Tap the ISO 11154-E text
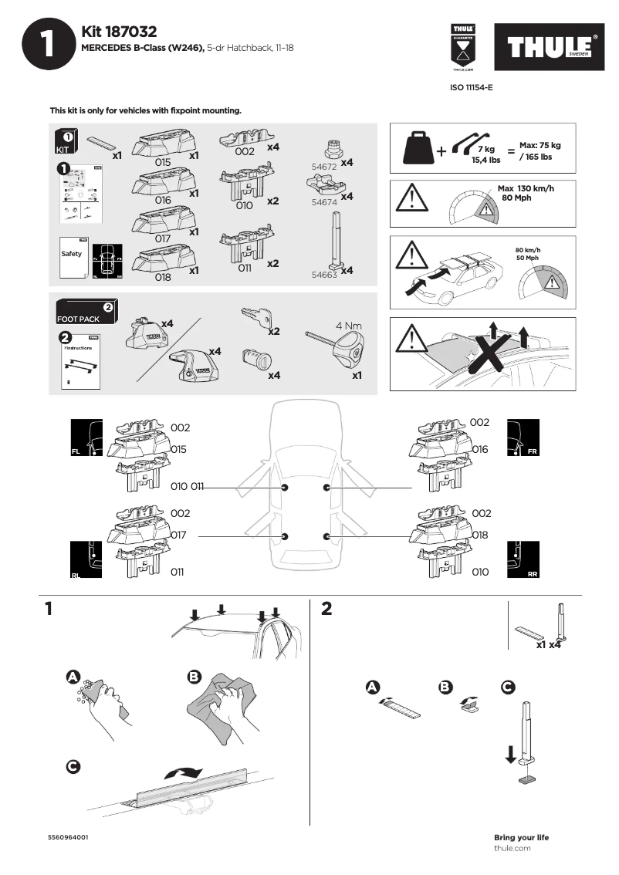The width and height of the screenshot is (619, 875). point(471,88)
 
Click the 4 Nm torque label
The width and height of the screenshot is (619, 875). point(348,326)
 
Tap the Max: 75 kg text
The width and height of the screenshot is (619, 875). point(540,145)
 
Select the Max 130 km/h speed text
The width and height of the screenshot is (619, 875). point(526,188)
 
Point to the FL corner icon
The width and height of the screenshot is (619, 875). point(85,437)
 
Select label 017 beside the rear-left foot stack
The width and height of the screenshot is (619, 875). point(180,534)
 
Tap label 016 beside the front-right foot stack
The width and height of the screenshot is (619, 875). point(479,448)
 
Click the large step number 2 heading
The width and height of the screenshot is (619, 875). point(326,609)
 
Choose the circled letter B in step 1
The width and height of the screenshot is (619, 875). point(194,677)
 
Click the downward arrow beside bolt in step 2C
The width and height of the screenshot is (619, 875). point(510,753)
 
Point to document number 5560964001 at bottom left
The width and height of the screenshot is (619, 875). point(68,837)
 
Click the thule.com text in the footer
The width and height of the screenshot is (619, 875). point(512,848)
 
